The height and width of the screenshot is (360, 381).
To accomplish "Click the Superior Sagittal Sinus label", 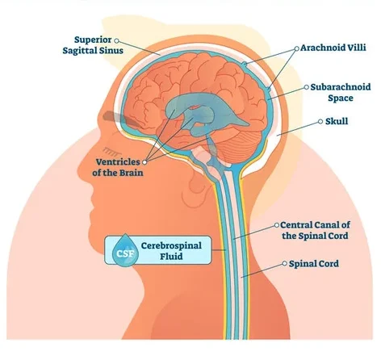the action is click(x=93, y=45).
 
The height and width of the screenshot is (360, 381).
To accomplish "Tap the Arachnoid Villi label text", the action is click(x=333, y=48).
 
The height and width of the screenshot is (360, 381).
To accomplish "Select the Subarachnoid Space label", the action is click(x=341, y=92).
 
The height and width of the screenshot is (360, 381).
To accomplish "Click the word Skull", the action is click(x=337, y=121).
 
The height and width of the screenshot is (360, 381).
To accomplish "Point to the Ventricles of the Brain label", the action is click(x=118, y=167).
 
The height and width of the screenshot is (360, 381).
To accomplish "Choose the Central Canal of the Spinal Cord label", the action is click(x=315, y=230).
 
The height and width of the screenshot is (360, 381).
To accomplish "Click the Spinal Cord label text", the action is click(x=314, y=264).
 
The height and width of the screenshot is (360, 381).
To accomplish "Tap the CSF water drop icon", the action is click(x=125, y=250).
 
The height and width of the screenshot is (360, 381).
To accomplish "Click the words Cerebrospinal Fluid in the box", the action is click(x=171, y=251).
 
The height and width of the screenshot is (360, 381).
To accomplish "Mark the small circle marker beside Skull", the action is click(x=320, y=121).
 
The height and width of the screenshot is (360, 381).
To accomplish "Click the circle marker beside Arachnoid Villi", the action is click(x=296, y=48).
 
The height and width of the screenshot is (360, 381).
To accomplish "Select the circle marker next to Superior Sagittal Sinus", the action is click(x=116, y=40).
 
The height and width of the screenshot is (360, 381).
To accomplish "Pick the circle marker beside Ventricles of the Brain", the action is click(x=144, y=162).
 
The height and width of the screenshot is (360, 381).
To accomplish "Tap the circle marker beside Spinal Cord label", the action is click(x=284, y=264).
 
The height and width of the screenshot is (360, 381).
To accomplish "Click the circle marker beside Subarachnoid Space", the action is click(x=306, y=87).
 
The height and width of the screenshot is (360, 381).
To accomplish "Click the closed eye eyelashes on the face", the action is click(x=111, y=152).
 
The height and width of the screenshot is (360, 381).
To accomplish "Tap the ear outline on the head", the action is click(x=196, y=188).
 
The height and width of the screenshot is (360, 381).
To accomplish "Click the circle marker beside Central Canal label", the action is click(x=276, y=225).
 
